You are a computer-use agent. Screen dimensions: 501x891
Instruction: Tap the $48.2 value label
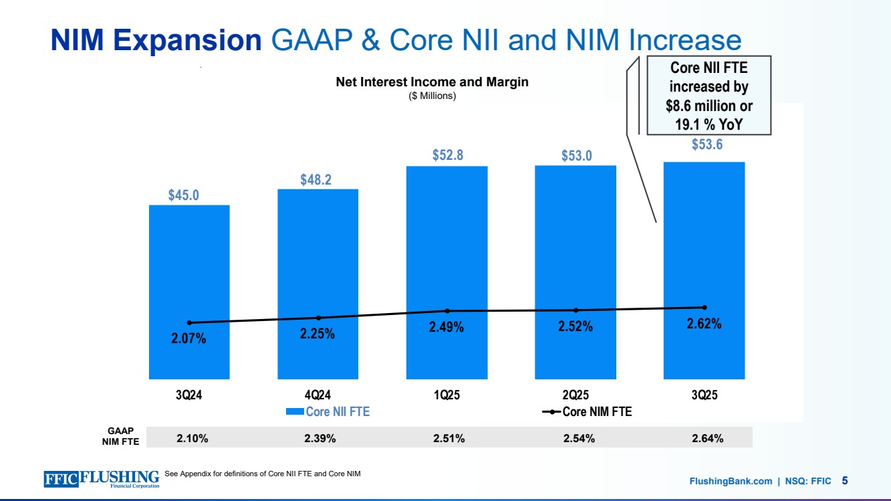click(x=318, y=180)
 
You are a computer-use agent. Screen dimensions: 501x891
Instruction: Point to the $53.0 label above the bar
click(x=576, y=156)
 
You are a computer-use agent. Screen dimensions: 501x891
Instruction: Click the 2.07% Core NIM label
click(x=189, y=339)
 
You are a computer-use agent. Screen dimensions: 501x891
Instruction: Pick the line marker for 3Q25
click(x=704, y=308)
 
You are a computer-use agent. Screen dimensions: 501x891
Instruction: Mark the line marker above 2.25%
click(x=318, y=318)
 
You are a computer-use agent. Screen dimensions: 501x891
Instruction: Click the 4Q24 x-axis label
click(x=318, y=395)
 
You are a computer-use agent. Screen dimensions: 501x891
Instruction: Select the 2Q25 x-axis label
click(x=576, y=395)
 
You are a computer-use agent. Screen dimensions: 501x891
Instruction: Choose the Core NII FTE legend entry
click(x=328, y=412)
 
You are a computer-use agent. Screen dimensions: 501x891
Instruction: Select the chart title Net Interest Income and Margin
click(x=432, y=82)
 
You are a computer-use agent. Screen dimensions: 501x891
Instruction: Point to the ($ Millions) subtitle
click(x=432, y=96)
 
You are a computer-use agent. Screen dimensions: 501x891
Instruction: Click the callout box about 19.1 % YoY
click(x=709, y=96)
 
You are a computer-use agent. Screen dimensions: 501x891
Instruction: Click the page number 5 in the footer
click(x=845, y=480)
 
